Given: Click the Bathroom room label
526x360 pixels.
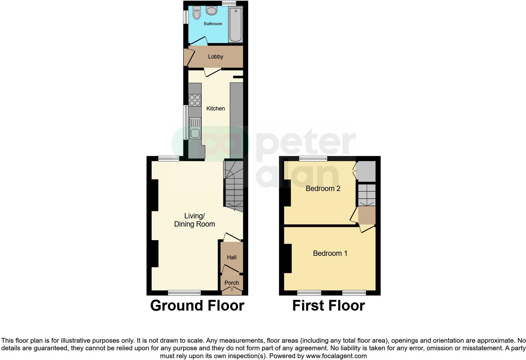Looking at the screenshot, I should click(x=213, y=24).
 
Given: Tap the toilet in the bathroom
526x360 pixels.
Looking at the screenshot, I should click(x=197, y=14).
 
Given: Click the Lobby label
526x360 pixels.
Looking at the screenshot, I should click(x=215, y=57).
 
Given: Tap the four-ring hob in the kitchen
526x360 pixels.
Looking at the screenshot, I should click(x=195, y=100).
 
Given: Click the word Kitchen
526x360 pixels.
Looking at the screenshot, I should click(x=215, y=109).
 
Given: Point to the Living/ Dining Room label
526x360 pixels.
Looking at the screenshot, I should click(x=194, y=220).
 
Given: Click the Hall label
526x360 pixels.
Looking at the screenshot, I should click(x=232, y=257).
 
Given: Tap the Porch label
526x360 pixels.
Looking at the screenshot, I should click(x=232, y=283).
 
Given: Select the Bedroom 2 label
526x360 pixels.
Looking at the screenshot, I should click(x=323, y=188).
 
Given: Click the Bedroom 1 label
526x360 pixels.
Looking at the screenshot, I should click(x=330, y=253).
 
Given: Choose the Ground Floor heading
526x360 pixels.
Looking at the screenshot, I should click(x=197, y=306).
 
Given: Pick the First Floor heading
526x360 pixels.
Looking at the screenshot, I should click(x=328, y=306).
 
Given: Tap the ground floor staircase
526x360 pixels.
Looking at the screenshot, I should click(x=234, y=186).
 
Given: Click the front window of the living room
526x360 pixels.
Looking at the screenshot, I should click(x=184, y=293).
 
